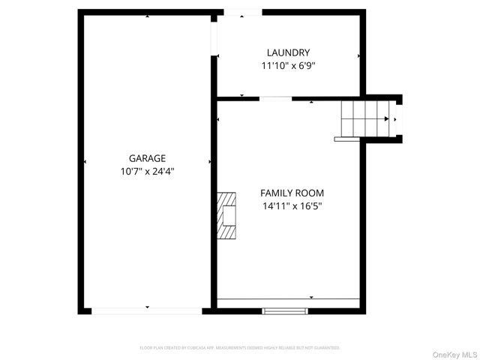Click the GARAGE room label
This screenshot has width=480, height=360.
point(147,158)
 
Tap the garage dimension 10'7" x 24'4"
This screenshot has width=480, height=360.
point(147,171)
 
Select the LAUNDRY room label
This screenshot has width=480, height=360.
point(288,52)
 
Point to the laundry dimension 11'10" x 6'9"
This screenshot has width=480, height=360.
point(288,65)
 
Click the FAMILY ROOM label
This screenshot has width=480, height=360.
point(292,193)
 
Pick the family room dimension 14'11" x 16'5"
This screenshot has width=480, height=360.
point(292,205)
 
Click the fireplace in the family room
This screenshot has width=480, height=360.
point(227,216)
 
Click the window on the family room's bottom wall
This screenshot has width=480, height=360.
point(285,310)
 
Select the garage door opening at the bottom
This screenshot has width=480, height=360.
point(147,310)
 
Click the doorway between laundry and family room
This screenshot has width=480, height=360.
point(276,98)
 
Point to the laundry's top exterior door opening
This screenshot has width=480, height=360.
point(243,12)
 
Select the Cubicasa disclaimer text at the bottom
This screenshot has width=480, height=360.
point(240,348)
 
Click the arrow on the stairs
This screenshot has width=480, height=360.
point(386,118)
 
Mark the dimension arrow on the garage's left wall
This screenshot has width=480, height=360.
point(85,161)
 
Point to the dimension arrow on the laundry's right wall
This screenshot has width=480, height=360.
point(358,55)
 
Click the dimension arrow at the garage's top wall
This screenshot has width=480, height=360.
point(147,16)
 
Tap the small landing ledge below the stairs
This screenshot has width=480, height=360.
point(348,139)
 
